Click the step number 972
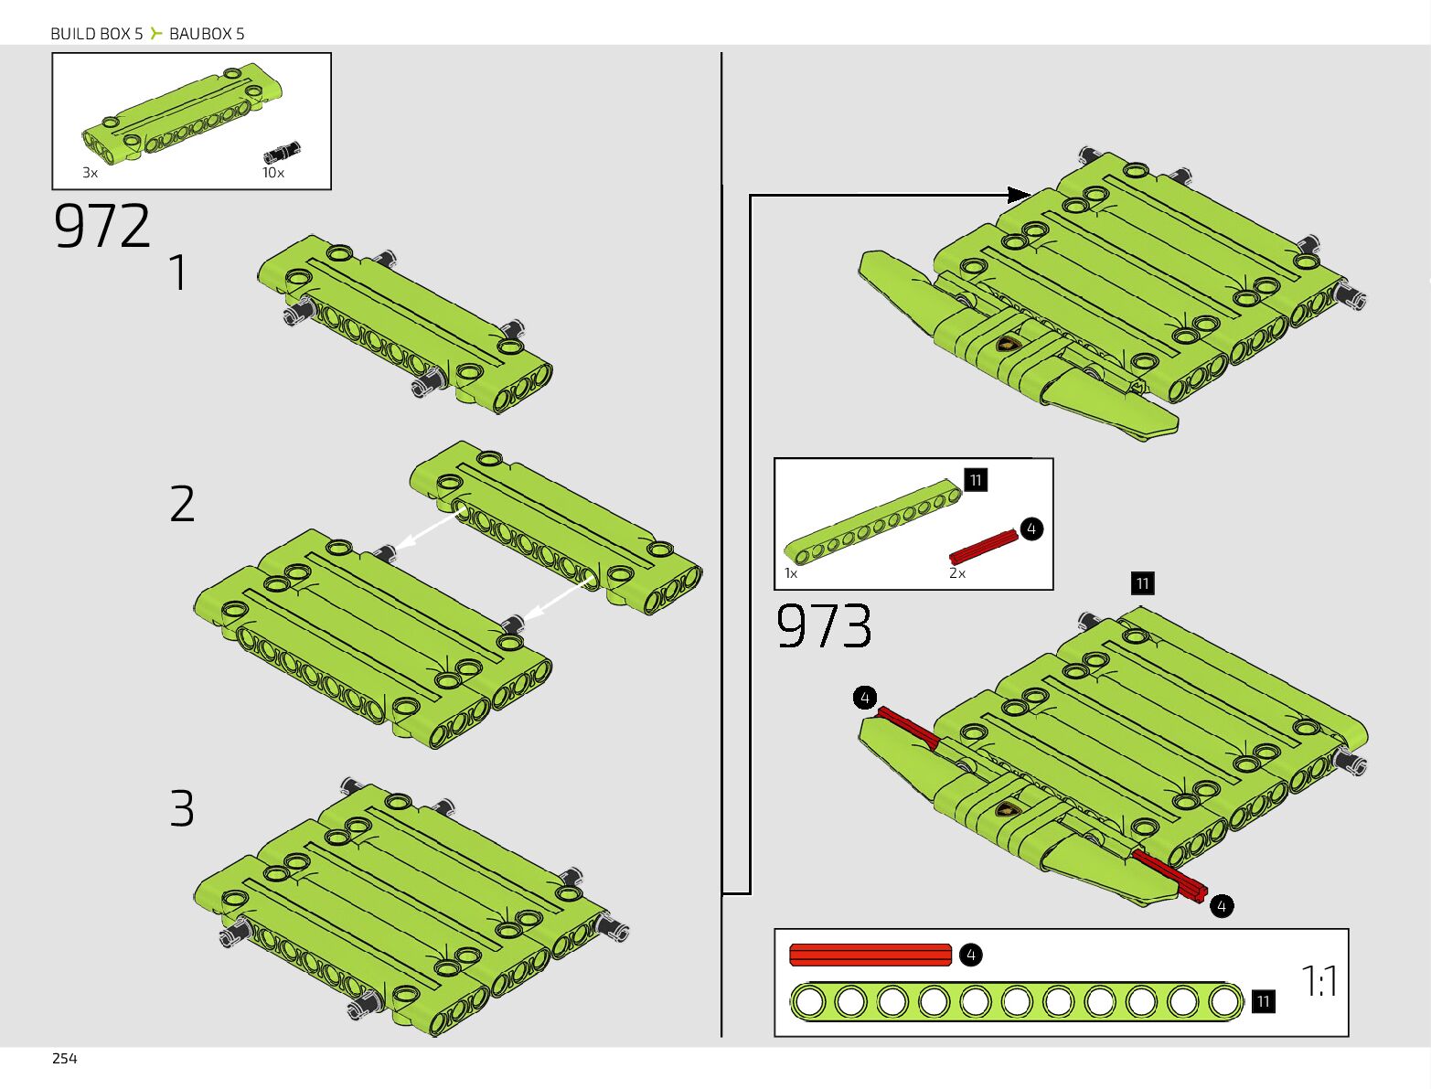click(x=101, y=226)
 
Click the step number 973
click(x=823, y=626)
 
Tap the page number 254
click(x=64, y=1058)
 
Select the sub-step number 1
click(x=179, y=272)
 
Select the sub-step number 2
click(x=182, y=504)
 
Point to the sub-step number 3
click(x=182, y=808)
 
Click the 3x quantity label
click(x=90, y=172)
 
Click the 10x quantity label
click(x=272, y=172)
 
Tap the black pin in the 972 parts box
click(x=283, y=152)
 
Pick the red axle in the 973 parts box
click(x=983, y=547)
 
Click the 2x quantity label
click(x=956, y=573)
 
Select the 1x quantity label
click(x=790, y=573)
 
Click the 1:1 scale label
click(x=1319, y=981)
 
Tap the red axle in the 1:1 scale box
click(x=870, y=955)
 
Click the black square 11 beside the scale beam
click(x=1263, y=1001)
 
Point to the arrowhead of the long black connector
click(x=1019, y=195)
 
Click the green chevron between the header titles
click(x=156, y=34)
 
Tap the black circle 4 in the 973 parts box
click(x=1031, y=528)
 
